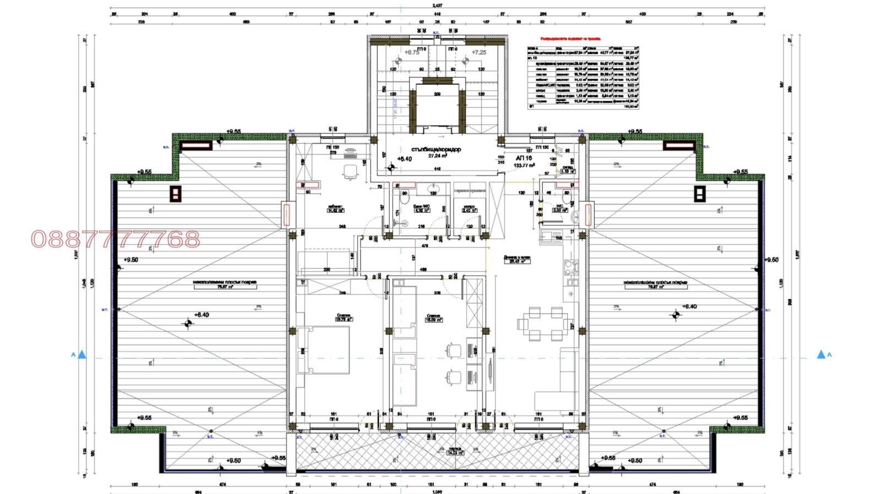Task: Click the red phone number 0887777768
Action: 116,239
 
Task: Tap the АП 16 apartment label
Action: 524,158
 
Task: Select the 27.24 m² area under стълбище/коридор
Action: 437,156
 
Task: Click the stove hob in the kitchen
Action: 571,267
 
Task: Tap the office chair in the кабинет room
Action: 350,173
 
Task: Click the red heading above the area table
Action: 570,39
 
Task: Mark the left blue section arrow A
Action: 81,355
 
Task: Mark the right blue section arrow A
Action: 821,355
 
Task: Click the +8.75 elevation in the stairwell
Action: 412,53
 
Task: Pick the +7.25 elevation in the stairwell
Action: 478,53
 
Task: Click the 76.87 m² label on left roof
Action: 225,287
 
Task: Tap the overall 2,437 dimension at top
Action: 437,6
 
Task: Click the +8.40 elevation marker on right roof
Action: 689,306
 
